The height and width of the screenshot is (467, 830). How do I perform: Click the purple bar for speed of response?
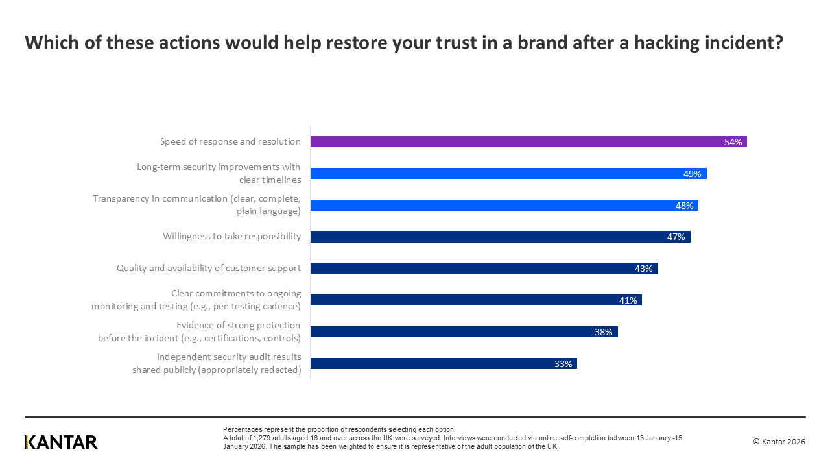tap(519, 142)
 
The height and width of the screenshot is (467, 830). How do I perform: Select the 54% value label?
tap(733, 142)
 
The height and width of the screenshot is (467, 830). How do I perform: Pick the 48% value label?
tap(684, 206)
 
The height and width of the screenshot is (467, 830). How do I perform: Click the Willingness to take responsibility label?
tap(231, 236)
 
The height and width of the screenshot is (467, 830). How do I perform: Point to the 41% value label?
tap(628, 300)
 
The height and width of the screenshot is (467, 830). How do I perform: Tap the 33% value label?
tap(563, 364)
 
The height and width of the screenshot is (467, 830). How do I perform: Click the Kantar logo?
tap(61, 442)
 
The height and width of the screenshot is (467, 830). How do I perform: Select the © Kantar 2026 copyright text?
tap(779, 442)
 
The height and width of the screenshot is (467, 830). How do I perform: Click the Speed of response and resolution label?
tap(230, 141)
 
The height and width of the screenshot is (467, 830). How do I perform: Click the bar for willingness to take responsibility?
tap(499, 237)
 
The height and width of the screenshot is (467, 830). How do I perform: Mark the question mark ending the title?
tap(777, 43)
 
